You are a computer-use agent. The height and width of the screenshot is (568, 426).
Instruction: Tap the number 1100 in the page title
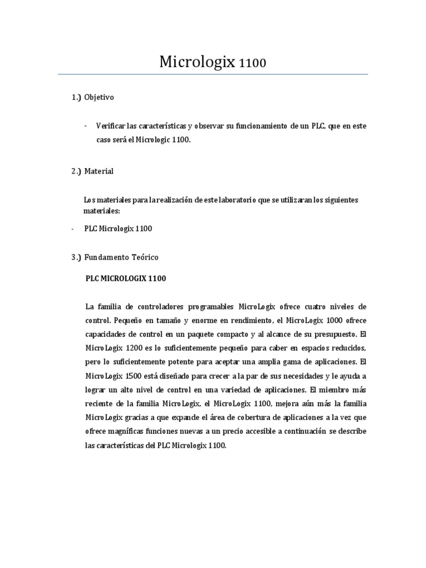click(252, 63)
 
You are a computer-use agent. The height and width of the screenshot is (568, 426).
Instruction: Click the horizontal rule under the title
click(212, 74)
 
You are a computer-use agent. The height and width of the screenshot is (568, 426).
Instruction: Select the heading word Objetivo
click(99, 97)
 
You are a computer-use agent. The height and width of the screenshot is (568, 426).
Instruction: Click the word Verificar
click(110, 126)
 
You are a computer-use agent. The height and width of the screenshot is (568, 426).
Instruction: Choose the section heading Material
click(99, 171)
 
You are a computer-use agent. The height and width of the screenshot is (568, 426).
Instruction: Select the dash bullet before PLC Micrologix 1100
click(73, 228)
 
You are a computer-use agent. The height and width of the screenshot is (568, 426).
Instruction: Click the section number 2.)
click(76, 171)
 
